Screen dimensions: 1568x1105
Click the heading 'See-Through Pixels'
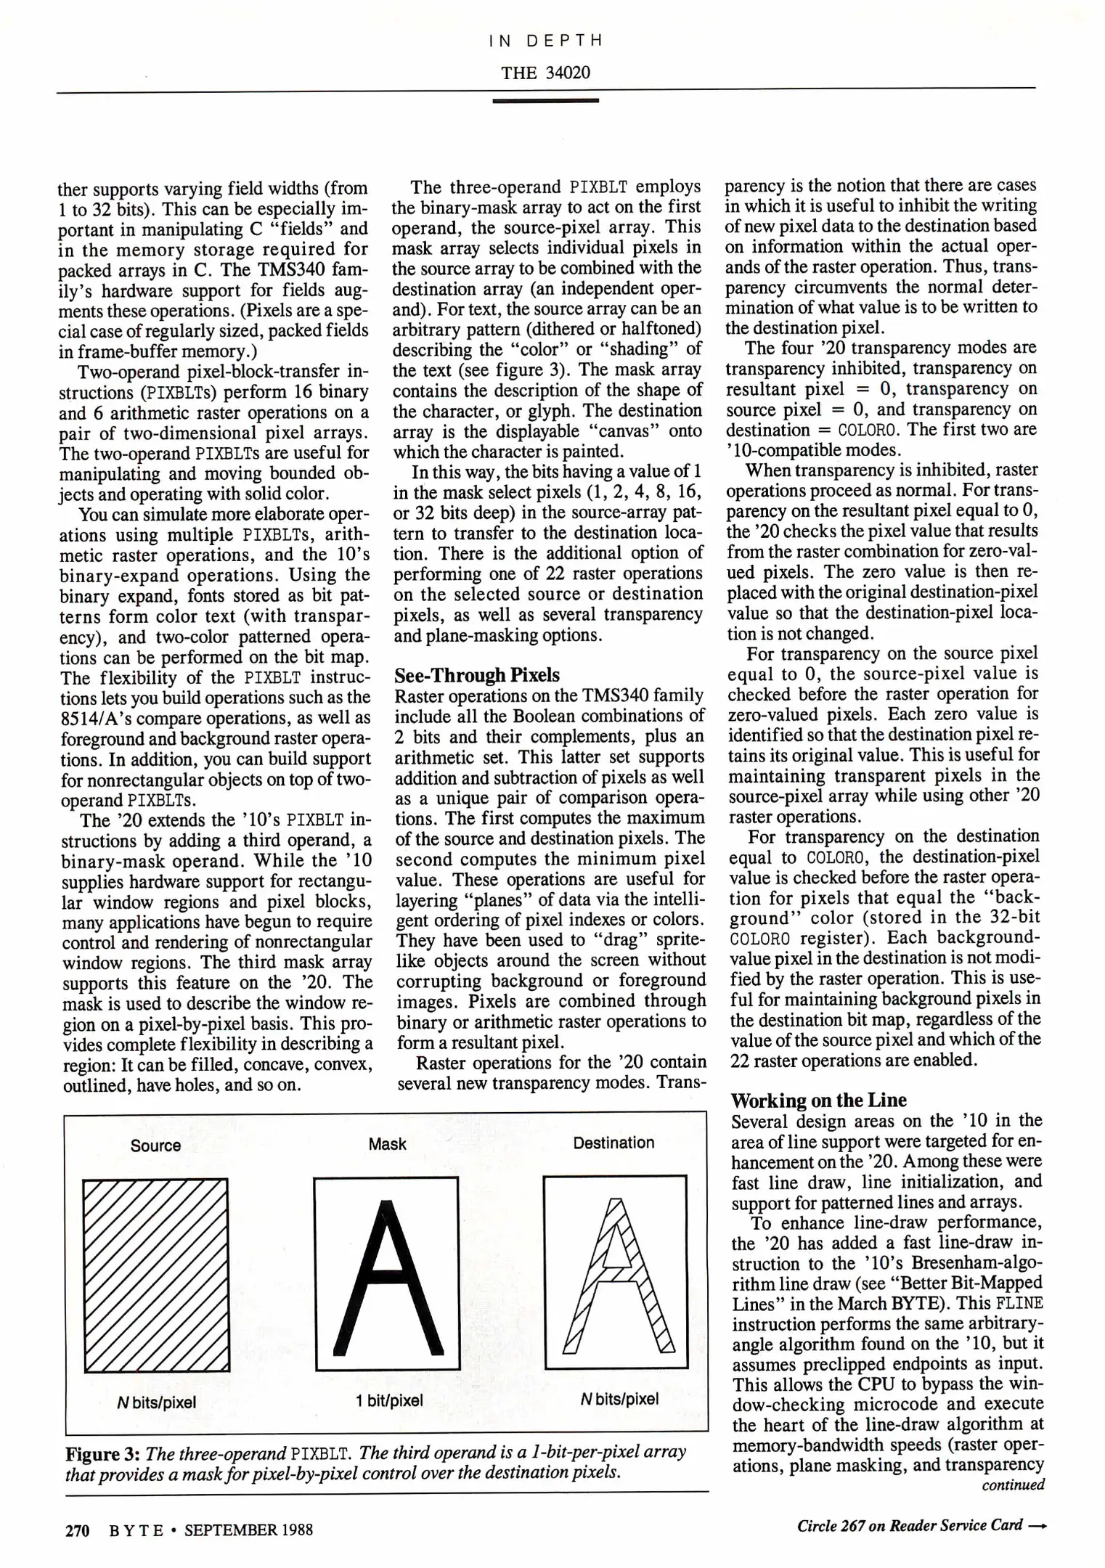[x=477, y=675]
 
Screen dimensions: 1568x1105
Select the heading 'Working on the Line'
[x=818, y=1100]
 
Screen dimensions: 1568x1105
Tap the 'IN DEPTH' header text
[x=545, y=41]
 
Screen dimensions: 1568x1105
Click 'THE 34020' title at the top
[x=545, y=73]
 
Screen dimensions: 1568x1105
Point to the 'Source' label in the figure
[x=155, y=1146]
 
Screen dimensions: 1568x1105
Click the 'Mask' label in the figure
[x=387, y=1144]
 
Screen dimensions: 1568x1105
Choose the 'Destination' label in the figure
[x=613, y=1143]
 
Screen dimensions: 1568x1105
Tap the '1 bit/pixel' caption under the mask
[x=389, y=1400]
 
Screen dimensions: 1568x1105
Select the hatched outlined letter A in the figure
[x=616, y=1278]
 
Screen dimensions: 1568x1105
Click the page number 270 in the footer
[x=77, y=1530]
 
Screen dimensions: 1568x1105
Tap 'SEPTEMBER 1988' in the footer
[x=248, y=1530]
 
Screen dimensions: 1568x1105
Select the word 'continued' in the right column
[x=1013, y=1485]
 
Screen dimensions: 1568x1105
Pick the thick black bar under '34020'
[x=545, y=100]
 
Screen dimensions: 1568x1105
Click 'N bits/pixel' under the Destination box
[x=619, y=1399]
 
